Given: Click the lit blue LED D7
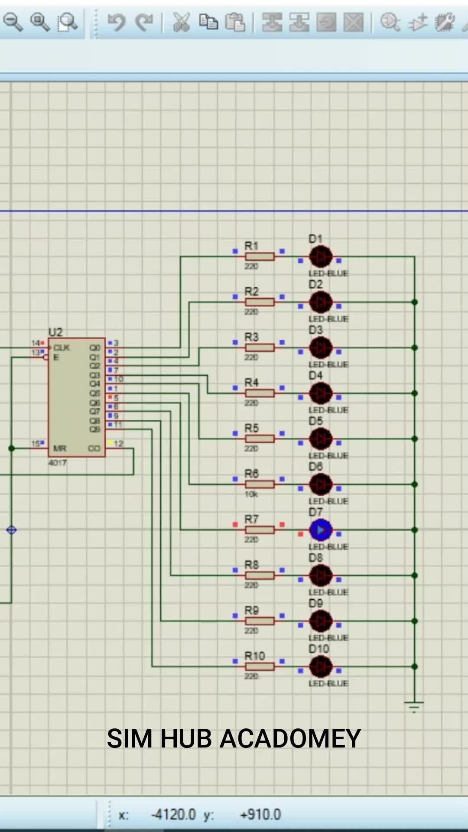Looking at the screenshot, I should click(x=321, y=530).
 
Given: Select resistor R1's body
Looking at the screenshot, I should click(x=260, y=257).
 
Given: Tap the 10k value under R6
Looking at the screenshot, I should click(x=251, y=494).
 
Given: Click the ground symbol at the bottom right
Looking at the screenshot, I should click(x=414, y=707).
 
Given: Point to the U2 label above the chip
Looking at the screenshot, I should click(x=55, y=332).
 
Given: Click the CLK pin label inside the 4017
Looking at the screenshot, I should click(x=62, y=348).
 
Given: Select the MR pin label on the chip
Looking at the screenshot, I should click(x=60, y=448).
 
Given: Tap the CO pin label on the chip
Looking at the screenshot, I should click(x=94, y=448).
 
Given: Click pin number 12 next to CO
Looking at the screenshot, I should click(x=119, y=444).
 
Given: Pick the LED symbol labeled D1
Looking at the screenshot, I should click(x=321, y=257).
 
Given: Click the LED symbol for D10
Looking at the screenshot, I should click(x=321, y=666).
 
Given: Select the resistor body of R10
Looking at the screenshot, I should click(x=260, y=666).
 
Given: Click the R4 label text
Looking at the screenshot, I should click(x=251, y=382).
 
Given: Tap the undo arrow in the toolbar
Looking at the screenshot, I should click(x=117, y=22).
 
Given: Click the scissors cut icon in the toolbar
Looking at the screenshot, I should click(x=181, y=22).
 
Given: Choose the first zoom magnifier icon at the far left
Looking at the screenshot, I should click(x=13, y=22).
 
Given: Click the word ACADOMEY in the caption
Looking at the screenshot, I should click(x=290, y=739).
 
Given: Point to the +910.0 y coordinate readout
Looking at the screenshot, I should click(x=260, y=815).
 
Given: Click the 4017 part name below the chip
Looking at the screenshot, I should click(x=58, y=463).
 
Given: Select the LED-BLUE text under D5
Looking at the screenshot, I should click(x=328, y=455).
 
